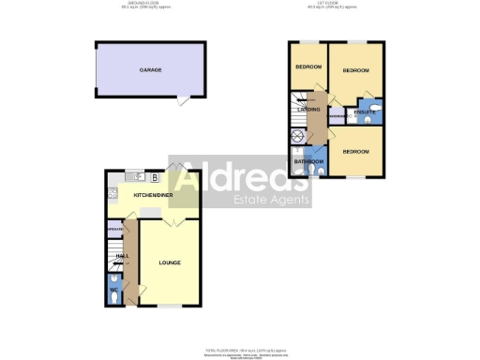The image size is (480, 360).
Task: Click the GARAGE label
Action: click(x=150, y=70)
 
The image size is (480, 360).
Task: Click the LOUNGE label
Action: click(x=170, y=262)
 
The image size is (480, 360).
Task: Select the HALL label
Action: click(x=121, y=255)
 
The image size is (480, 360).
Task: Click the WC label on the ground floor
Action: click(x=114, y=290)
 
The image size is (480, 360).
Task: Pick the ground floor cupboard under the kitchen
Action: click(x=116, y=230)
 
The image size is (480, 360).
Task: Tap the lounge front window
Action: click(x=170, y=306)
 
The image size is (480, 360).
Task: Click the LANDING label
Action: click(x=308, y=110)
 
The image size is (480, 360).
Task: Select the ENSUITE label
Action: click(x=365, y=112)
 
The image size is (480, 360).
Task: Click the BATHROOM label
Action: click(x=308, y=161)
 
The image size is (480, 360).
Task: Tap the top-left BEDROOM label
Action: click(x=308, y=67)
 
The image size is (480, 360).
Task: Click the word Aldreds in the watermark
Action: click(x=240, y=177)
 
